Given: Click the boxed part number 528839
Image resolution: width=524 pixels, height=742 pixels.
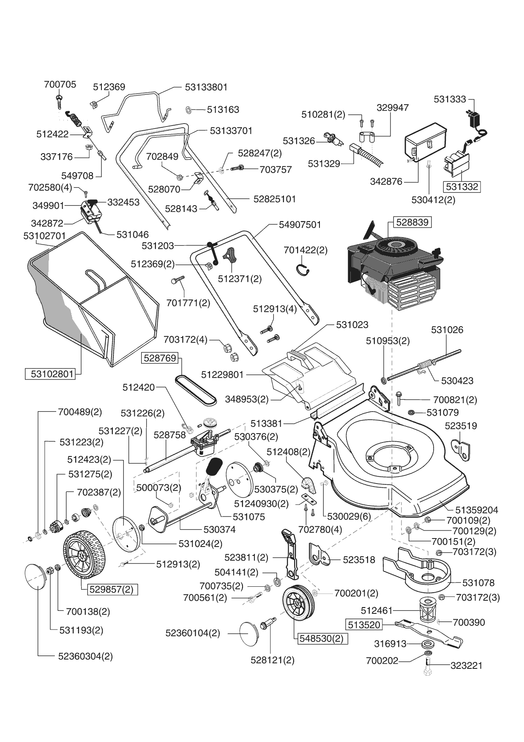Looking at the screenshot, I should (x=412, y=222).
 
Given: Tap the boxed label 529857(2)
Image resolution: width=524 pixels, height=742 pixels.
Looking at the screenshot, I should (x=112, y=589).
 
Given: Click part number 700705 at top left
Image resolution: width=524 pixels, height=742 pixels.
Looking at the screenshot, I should (x=60, y=85).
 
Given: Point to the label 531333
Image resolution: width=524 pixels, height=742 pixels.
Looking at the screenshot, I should (x=450, y=99).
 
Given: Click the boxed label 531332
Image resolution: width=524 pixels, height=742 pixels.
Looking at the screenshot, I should (x=462, y=187).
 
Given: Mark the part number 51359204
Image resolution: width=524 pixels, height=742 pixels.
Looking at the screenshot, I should (x=477, y=510).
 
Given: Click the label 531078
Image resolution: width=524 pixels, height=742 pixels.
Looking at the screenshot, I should (x=478, y=583).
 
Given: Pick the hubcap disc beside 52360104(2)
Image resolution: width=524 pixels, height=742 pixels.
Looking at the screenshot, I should (x=250, y=633).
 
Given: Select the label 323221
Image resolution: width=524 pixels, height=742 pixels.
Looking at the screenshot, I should (x=466, y=665).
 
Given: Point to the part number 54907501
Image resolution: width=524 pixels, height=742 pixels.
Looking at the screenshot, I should (x=300, y=225).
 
